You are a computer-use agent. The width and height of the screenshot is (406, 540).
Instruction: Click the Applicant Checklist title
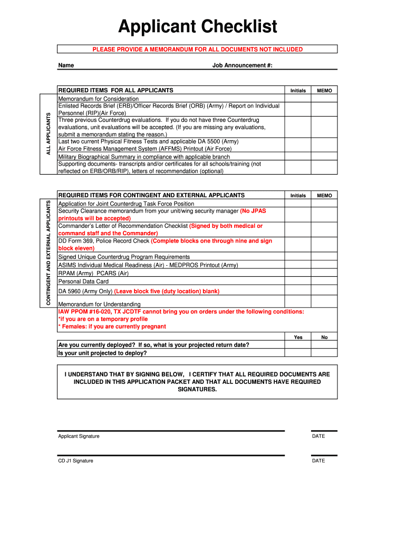pyautogui.click(x=198, y=26)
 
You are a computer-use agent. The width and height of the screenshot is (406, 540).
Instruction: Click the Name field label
pyautogui.click(x=66, y=65)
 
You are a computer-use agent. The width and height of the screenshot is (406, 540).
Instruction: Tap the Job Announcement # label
pyautogui.click(x=242, y=65)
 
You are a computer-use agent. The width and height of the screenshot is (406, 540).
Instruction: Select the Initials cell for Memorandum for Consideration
pyautogui.click(x=298, y=99)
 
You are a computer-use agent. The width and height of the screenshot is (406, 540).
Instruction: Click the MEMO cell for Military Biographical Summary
pyautogui.click(x=324, y=157)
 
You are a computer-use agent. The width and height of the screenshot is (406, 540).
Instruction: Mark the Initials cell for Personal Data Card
pyautogui.click(x=298, y=282)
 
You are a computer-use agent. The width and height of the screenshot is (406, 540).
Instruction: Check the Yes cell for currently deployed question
pyautogui.click(x=298, y=345)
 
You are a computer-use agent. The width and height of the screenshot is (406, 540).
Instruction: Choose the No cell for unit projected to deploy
pyautogui.click(x=324, y=353)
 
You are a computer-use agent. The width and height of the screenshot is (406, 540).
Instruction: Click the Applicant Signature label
pyautogui.click(x=79, y=436)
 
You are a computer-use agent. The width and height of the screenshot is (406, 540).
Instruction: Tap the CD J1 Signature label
pyautogui.click(x=75, y=461)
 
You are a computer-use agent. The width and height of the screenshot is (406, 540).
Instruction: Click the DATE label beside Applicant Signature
pyautogui.click(x=318, y=436)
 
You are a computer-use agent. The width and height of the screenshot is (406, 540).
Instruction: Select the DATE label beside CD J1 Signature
pyautogui.click(x=318, y=461)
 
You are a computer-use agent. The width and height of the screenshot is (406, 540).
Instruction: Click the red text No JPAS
pyautogui.click(x=254, y=211)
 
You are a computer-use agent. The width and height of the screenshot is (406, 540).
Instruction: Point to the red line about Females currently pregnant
pyautogui.click(x=112, y=326)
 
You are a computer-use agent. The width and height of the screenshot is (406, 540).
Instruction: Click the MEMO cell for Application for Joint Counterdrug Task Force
pyautogui.click(x=324, y=204)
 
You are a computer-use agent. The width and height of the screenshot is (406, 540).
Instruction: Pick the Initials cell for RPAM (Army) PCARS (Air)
pyautogui.click(x=298, y=273)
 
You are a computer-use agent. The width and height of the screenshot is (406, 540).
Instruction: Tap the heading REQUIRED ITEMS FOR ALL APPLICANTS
pyautogui.click(x=115, y=90)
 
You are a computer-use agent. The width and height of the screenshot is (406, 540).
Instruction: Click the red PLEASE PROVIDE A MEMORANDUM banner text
pyautogui.click(x=198, y=49)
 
